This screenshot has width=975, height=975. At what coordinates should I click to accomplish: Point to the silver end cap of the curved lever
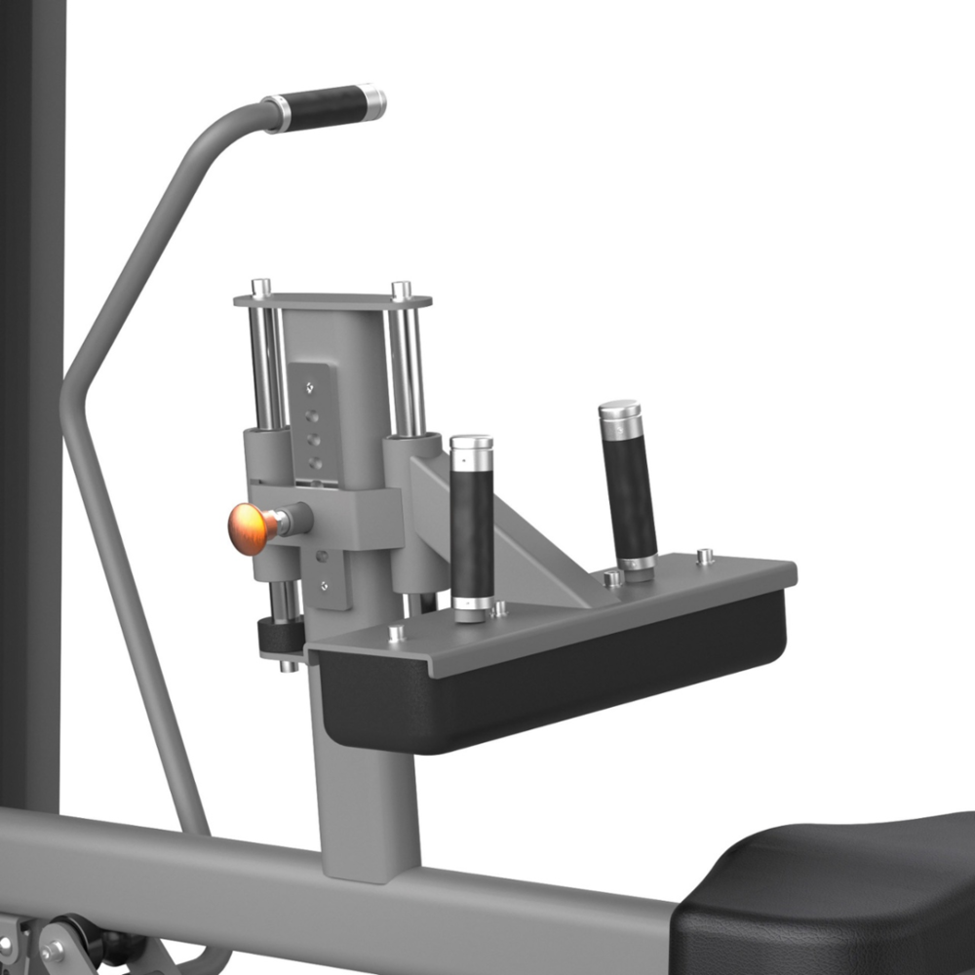(x=371, y=100)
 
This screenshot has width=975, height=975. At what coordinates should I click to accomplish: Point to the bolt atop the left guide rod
(x=260, y=288)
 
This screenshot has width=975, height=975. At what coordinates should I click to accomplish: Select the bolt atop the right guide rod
(x=401, y=290)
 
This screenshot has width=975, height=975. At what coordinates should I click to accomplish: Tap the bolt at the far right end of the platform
(x=705, y=557)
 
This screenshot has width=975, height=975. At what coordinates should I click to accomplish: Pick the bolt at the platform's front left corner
(x=396, y=634)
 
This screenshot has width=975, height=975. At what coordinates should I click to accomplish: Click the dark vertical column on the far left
(x=29, y=390)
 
